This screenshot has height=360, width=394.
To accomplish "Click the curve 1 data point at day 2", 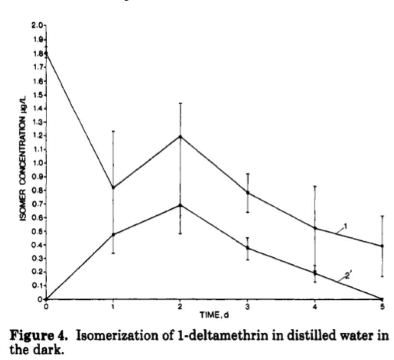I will coord(180,136).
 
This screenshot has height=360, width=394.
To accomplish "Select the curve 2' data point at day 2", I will coord(180,205).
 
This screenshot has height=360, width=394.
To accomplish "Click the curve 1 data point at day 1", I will coord(113,187).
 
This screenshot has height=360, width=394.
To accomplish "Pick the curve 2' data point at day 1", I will coord(113,235).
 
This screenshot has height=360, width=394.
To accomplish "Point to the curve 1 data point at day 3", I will coord(248,193).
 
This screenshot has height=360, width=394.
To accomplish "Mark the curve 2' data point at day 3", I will coord(248,248).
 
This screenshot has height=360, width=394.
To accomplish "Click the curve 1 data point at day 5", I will coord(382,246).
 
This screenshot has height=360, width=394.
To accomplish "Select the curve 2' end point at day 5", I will coord(382,299).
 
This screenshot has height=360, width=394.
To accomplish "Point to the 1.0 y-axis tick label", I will coord(37,163).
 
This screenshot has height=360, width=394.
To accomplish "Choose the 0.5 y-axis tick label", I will coord(37,231).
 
